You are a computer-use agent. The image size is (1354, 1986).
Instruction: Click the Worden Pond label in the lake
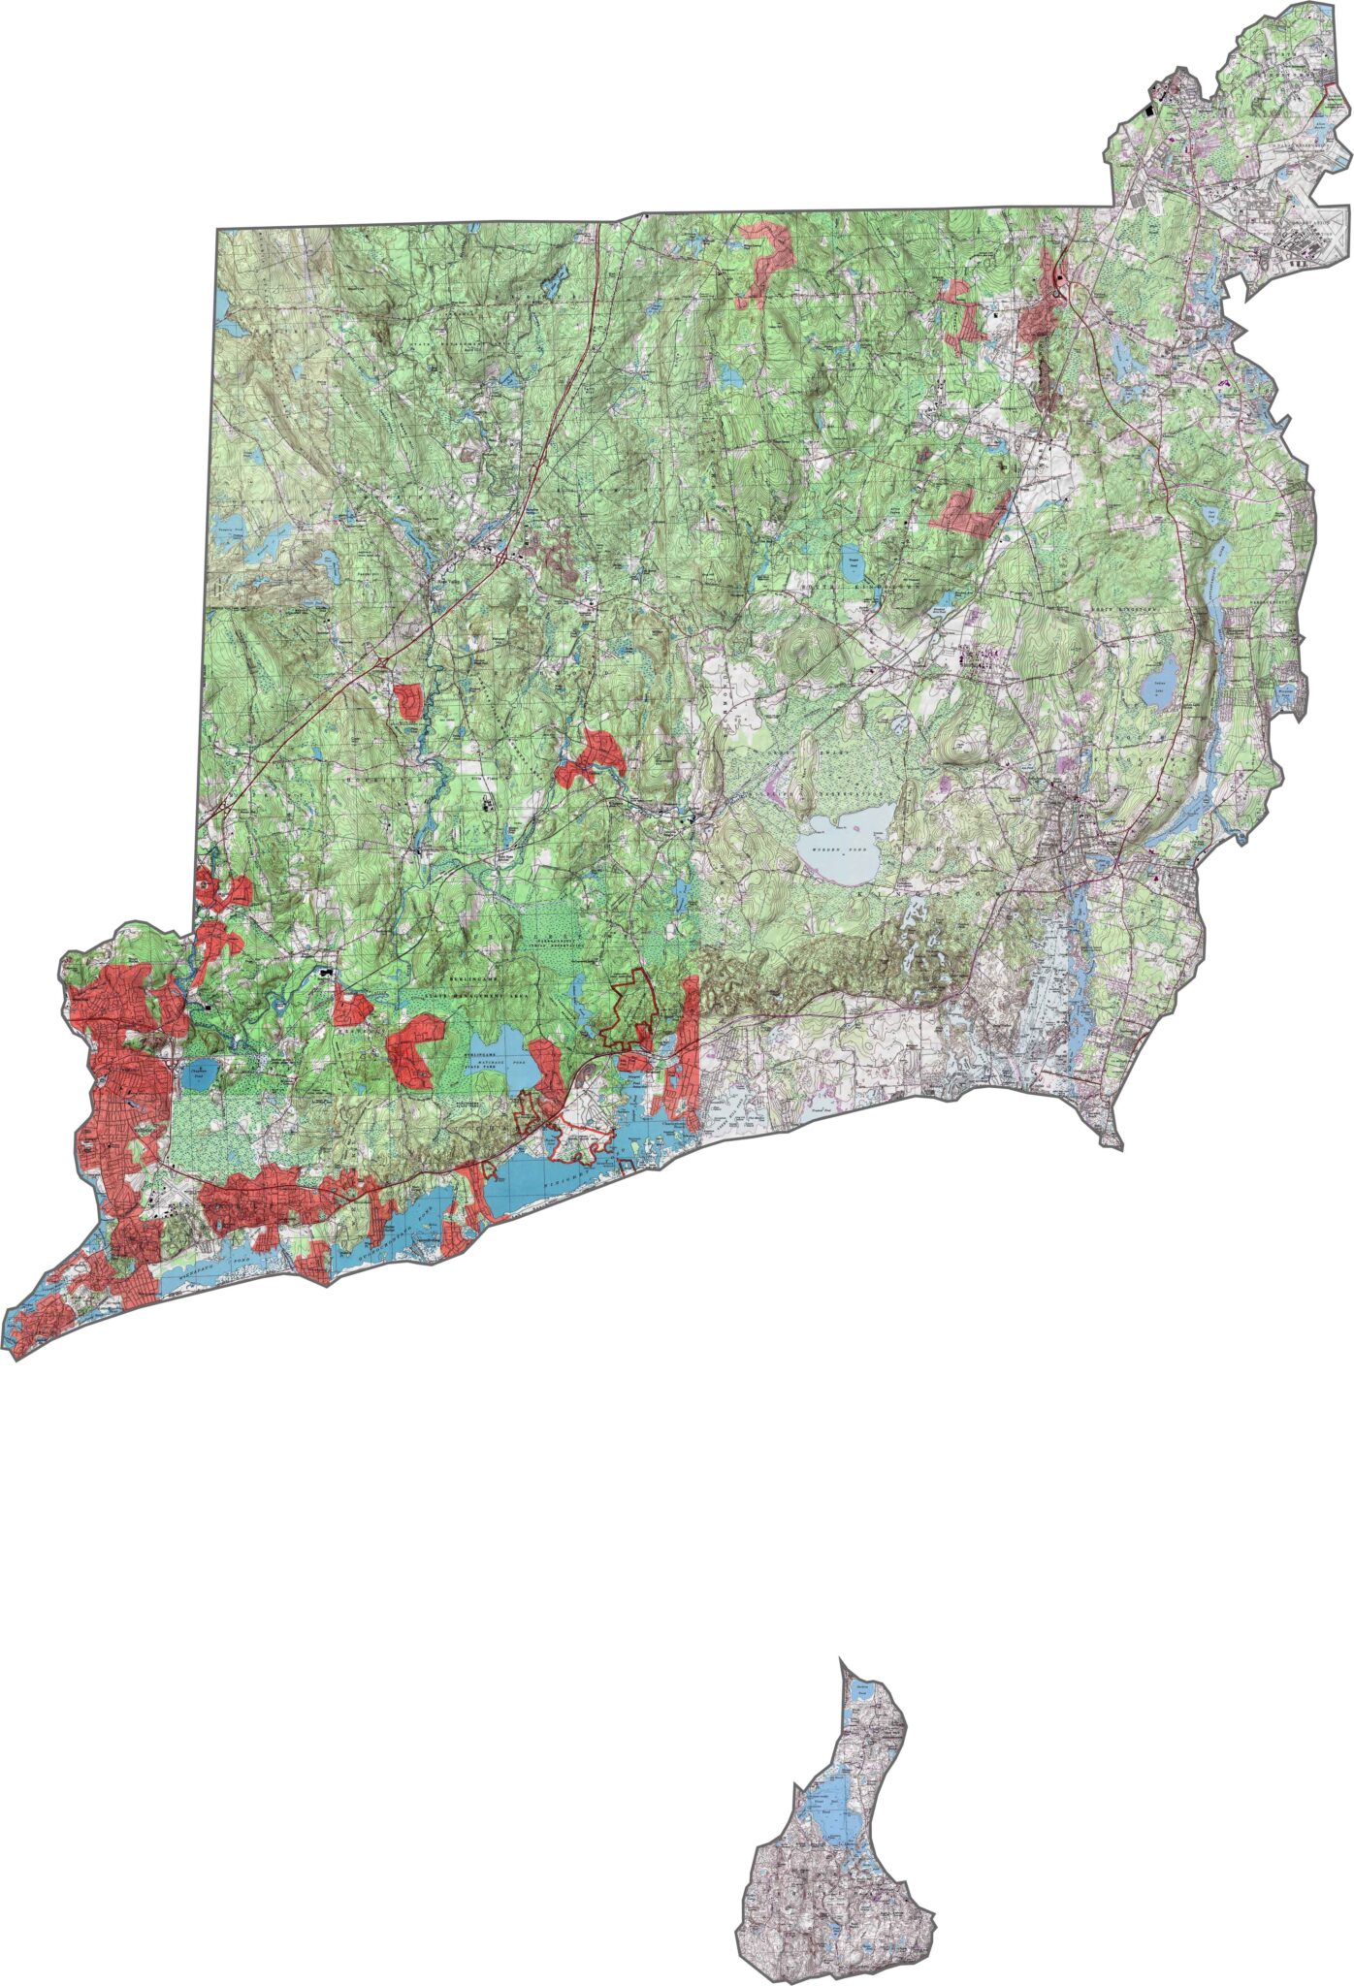(x=832, y=848)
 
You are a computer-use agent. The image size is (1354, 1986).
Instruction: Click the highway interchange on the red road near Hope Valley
(x=385, y=661)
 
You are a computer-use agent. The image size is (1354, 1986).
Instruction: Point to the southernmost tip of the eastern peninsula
(x=1119, y=1148)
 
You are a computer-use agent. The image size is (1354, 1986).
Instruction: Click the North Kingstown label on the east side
(x=1164, y=609)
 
